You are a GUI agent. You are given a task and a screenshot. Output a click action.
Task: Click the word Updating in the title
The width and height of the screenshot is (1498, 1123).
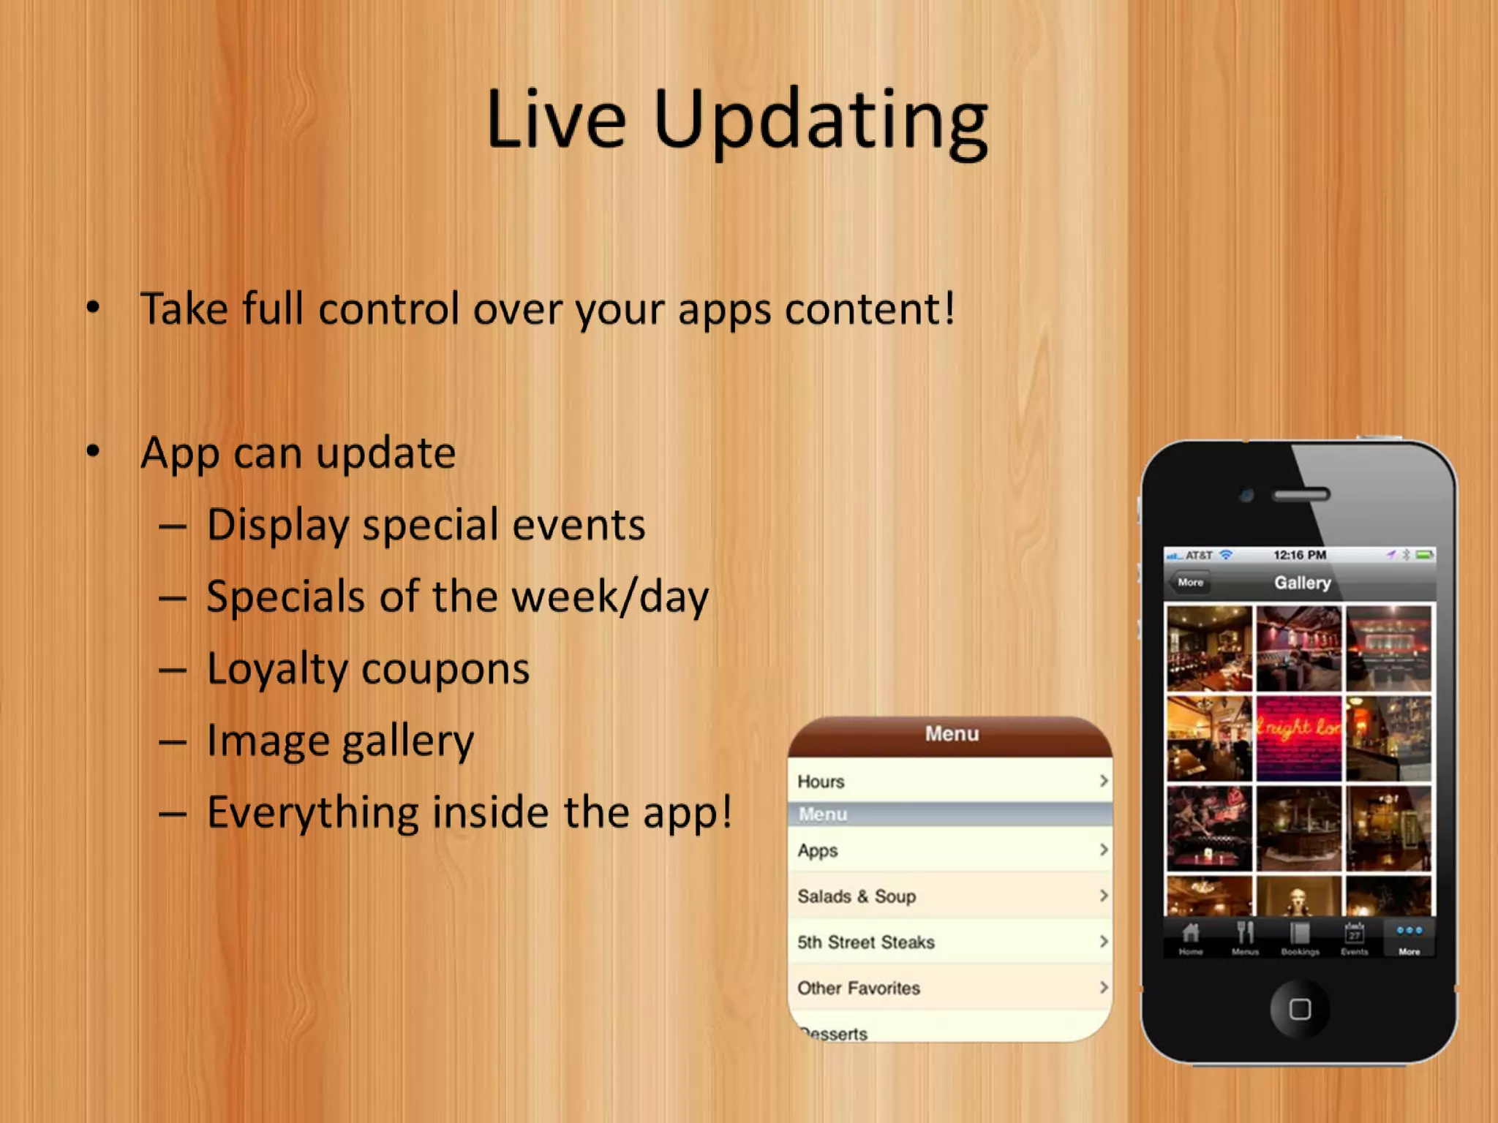tap(821, 121)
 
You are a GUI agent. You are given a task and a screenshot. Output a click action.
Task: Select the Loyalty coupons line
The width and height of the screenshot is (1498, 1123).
tap(368, 669)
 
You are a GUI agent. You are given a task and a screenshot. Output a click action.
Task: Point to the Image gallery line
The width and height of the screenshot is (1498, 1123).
tap(340, 741)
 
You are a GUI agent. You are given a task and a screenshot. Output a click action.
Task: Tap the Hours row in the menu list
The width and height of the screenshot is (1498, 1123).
tap(949, 782)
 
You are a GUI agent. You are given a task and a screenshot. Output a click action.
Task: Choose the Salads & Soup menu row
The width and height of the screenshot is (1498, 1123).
tap(949, 896)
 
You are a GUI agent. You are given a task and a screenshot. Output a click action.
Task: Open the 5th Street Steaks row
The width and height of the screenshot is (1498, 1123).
tap(949, 942)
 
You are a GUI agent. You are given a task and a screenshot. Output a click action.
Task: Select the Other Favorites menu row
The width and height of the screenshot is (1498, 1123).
tap(949, 988)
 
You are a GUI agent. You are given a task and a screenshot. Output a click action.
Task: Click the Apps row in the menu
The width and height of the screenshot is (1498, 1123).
tap(949, 850)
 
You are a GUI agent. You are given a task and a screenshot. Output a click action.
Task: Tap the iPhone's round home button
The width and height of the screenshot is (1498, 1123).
tap(1299, 1010)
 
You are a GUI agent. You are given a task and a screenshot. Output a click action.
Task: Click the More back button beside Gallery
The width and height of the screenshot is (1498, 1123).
tap(1190, 583)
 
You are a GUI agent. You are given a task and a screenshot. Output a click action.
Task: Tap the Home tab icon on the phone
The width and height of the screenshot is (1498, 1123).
tap(1191, 938)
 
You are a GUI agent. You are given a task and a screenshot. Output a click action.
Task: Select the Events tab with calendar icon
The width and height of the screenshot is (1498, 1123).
tap(1355, 938)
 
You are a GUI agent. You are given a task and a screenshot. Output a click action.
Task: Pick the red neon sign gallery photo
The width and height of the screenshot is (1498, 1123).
tap(1299, 738)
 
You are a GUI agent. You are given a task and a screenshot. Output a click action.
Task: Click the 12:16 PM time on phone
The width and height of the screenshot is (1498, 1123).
tap(1300, 555)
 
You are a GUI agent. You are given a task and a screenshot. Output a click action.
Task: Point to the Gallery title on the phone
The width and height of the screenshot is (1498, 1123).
tap(1303, 583)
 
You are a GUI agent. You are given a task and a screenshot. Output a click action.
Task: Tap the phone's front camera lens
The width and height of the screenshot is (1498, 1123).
tap(1247, 496)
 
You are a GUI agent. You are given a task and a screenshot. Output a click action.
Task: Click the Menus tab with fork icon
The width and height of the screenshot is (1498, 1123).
tap(1245, 938)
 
